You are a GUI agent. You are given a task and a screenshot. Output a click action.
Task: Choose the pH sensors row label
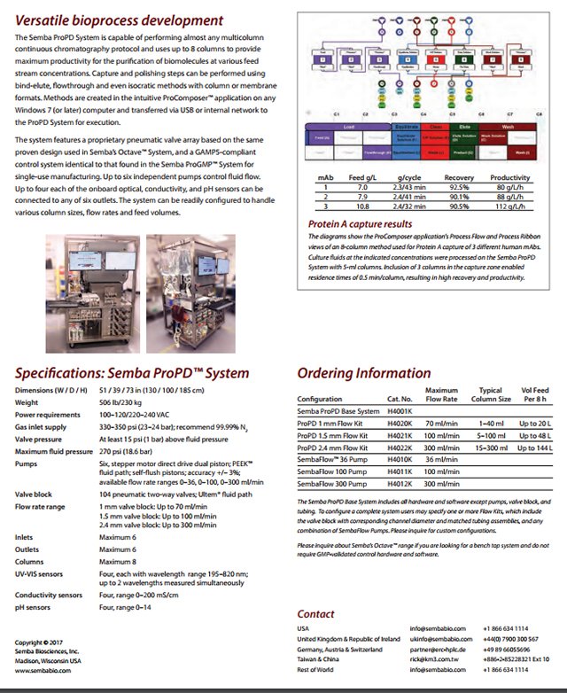tap(36, 608)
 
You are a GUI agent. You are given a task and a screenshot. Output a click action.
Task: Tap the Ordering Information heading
tap(364, 373)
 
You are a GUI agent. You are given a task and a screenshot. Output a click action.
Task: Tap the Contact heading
tap(315, 613)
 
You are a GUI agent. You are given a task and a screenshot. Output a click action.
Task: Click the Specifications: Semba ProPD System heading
tap(132, 373)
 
